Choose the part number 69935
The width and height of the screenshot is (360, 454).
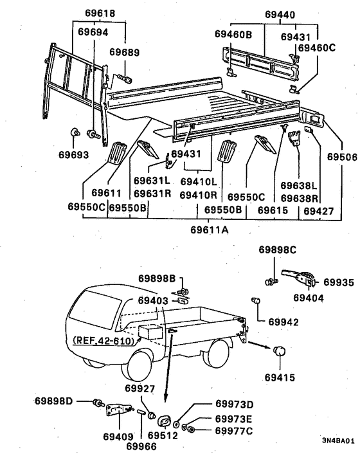338,282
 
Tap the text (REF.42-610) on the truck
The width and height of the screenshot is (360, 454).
104,341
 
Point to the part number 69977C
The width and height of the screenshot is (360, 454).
234,431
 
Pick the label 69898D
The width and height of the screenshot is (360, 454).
53,401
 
